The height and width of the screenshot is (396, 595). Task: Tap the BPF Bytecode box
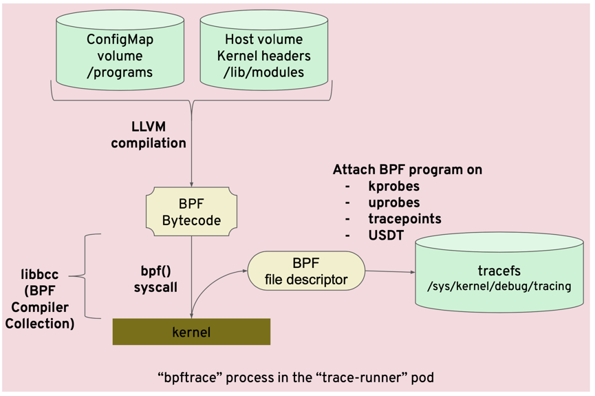(x=191, y=212)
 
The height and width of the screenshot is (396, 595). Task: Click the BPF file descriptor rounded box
(x=305, y=271)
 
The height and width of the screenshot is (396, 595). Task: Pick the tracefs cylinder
(x=499, y=275)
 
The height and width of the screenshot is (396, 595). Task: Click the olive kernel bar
(x=191, y=332)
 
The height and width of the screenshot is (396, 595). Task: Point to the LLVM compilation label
(x=149, y=135)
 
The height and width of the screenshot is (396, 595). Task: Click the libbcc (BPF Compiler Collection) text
(x=39, y=299)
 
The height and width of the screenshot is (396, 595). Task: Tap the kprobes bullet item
(x=393, y=186)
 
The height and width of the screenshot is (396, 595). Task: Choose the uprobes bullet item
(x=393, y=202)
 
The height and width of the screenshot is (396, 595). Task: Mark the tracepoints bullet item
(x=404, y=219)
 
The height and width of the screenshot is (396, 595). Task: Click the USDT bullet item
(x=385, y=236)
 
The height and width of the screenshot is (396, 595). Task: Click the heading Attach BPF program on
(x=407, y=169)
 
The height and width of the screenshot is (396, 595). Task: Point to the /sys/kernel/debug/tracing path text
(x=499, y=286)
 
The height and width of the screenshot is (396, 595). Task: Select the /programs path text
(x=120, y=72)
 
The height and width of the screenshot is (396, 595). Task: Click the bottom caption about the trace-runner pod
(x=296, y=377)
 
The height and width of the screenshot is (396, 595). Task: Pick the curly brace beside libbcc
(x=87, y=275)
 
